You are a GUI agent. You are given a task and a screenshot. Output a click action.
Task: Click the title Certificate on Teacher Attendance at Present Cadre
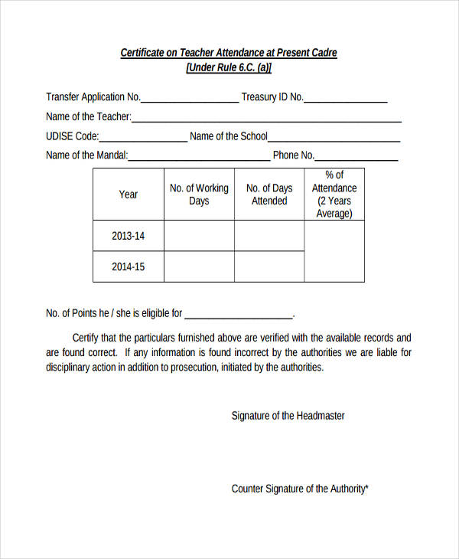coord(229,53)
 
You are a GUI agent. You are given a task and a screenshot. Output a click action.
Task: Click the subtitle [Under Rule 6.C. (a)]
coord(229,67)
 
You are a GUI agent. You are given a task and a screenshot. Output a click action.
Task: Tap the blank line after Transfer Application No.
coord(190,99)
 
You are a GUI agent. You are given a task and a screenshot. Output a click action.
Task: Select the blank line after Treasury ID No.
coord(346,99)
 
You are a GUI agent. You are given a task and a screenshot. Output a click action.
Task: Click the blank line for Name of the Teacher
coord(266,119)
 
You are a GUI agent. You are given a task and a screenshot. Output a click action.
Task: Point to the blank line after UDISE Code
coord(143,139)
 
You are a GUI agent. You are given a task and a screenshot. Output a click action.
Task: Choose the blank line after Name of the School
coord(334,139)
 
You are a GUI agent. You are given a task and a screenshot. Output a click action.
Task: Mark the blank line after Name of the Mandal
coord(199,158)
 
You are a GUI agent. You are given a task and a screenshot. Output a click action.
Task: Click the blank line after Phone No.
coord(356,158)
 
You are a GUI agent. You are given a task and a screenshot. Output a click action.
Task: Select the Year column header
coord(129,195)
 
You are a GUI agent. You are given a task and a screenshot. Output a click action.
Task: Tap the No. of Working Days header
coord(199,195)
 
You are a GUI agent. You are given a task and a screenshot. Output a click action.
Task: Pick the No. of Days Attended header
coord(269,195)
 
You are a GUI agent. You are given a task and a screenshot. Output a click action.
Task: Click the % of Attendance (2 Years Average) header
coord(334,195)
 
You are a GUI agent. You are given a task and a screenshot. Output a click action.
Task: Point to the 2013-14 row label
coord(129,236)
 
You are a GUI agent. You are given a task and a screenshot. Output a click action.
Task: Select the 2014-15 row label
coord(129,266)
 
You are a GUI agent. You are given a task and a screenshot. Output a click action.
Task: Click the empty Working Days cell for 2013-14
coord(199,236)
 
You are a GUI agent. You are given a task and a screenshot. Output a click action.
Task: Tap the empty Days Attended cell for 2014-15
coord(269,266)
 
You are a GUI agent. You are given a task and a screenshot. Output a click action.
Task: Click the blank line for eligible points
coord(239,315)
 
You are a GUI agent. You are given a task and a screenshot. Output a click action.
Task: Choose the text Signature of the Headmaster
coord(288,416)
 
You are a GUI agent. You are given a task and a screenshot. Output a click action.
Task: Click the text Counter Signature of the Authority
coord(300,489)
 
